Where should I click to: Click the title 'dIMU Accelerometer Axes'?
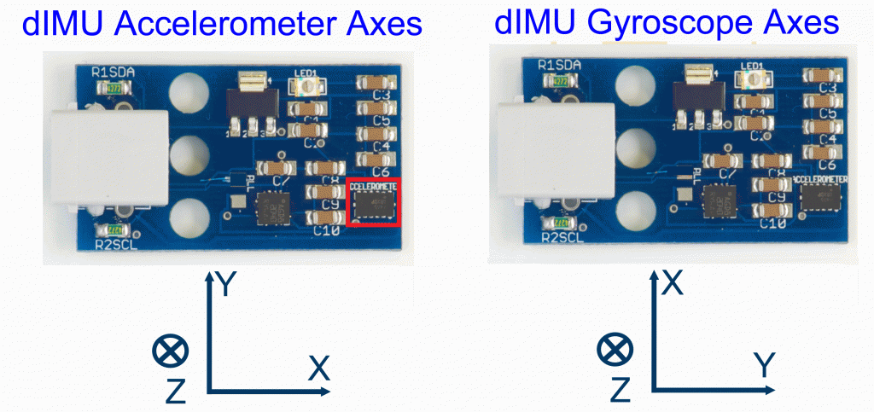pyautogui.click(x=223, y=25)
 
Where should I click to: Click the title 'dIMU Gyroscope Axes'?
pyautogui.click(x=667, y=23)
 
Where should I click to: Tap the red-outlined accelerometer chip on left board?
pyautogui.click(x=374, y=202)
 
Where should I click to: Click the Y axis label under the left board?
pyautogui.click(x=224, y=284)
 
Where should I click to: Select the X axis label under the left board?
pyautogui.click(x=319, y=368)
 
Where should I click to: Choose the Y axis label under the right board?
pyautogui.click(x=764, y=366)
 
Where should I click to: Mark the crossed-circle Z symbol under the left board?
pyautogui.click(x=167, y=350)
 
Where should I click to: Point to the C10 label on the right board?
pyautogui.click(x=772, y=223)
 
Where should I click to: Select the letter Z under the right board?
pyautogui.click(x=622, y=390)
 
